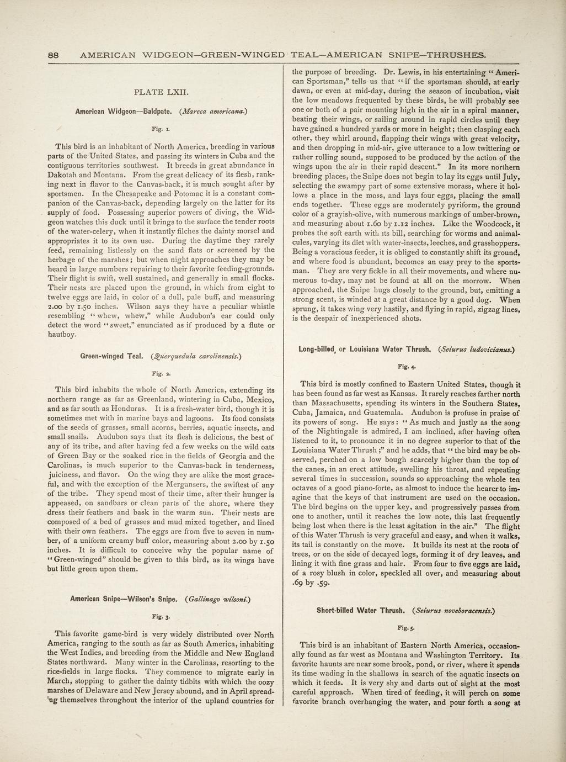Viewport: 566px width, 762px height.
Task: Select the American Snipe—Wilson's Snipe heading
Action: pos(124,598)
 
